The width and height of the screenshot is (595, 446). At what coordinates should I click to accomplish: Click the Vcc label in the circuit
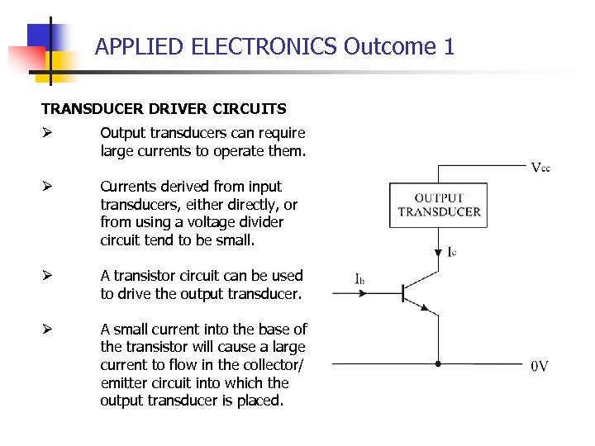540,168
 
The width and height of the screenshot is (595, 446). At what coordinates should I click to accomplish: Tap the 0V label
539,366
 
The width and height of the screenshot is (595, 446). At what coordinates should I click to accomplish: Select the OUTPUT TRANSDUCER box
439,205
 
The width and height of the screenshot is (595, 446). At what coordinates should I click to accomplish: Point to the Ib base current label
359,280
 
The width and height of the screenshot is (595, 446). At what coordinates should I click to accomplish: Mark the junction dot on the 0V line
438,363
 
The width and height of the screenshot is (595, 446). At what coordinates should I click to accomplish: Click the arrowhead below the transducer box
438,254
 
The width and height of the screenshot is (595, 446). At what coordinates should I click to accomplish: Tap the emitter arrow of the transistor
426,307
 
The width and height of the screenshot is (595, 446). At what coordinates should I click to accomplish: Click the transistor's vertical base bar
402,292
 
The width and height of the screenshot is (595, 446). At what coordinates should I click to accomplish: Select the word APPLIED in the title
140,46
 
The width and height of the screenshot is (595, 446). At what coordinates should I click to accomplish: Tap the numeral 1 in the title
449,46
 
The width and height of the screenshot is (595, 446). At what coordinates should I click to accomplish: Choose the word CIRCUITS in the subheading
250,108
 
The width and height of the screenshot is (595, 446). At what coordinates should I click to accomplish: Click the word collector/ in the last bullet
270,365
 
